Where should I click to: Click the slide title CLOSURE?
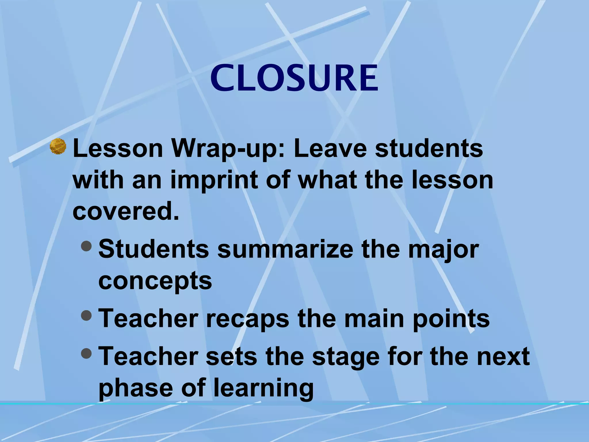click(294, 78)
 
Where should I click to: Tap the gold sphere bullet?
click(58, 146)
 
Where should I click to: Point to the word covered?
click(126, 211)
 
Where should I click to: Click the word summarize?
click(285, 249)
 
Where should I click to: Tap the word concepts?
click(155, 281)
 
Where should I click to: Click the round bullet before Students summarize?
click(86, 246)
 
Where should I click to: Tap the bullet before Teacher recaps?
click(86, 316)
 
